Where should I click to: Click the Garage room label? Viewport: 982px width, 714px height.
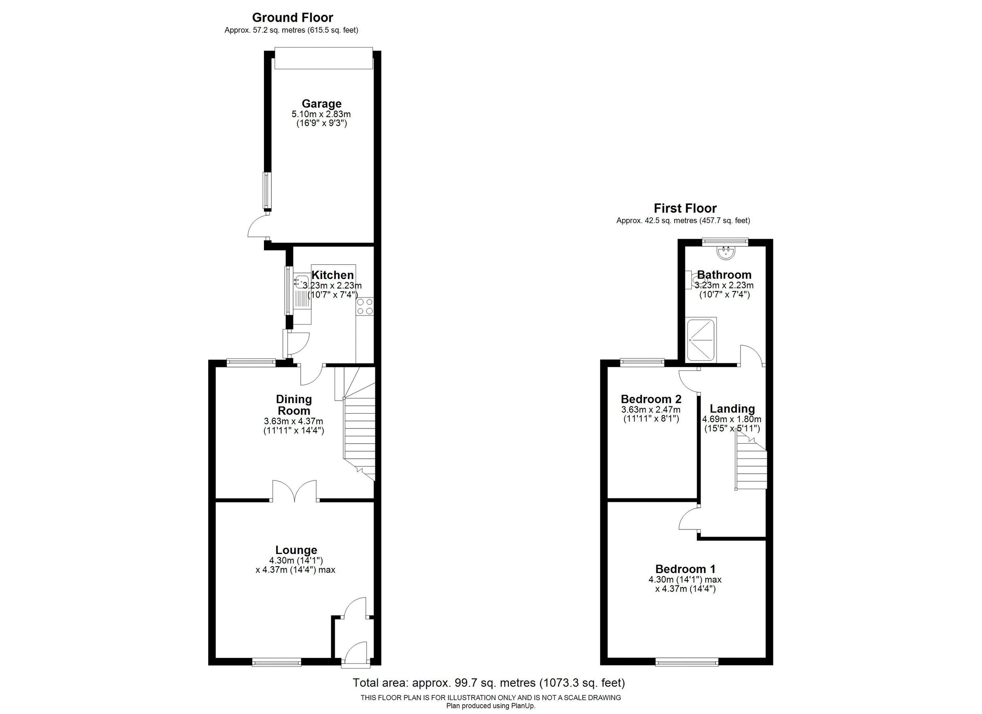pyautogui.click(x=321, y=104)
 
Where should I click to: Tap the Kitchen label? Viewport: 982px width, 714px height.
pyautogui.click(x=333, y=275)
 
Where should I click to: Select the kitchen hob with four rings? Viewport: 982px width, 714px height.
pyautogui.click(x=365, y=306)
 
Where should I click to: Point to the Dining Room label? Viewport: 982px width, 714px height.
pyautogui.click(x=294, y=404)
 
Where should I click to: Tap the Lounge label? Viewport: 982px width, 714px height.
pyautogui.click(x=296, y=550)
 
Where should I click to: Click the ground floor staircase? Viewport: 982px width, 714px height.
pyautogui.click(x=359, y=429)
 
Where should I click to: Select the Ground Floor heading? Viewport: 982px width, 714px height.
pyautogui.click(x=292, y=18)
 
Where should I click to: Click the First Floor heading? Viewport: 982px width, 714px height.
pyautogui.click(x=685, y=208)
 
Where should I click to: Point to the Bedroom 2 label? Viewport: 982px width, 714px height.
pyautogui.click(x=651, y=399)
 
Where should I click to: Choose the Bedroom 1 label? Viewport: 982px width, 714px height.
pyautogui.click(x=685, y=569)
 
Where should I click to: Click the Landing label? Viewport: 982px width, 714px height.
pyautogui.click(x=732, y=409)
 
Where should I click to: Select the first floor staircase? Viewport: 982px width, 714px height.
pyautogui.click(x=751, y=463)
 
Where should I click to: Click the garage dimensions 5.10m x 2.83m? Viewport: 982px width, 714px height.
pyautogui.click(x=321, y=114)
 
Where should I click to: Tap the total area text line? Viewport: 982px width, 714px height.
pyautogui.click(x=489, y=683)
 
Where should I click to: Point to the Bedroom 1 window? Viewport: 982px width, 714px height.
pyautogui.click(x=687, y=661)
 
